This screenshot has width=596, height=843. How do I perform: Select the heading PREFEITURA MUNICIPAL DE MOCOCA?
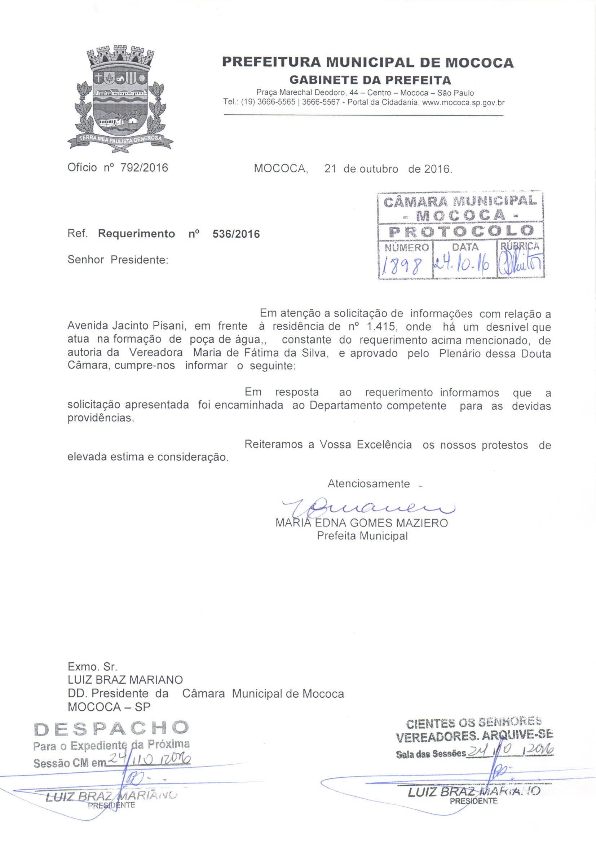coord(368,63)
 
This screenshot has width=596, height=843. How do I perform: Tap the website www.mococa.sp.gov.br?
coord(463,103)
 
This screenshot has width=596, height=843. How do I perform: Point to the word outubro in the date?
coord(379,169)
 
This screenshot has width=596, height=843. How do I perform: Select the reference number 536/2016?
coord(236,234)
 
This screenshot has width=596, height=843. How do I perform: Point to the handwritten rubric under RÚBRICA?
coord(520,264)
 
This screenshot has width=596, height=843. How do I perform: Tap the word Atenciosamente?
coord(368,484)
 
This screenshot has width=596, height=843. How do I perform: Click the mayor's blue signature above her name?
coord(367,508)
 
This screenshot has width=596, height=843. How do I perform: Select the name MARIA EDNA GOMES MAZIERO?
coord(361,523)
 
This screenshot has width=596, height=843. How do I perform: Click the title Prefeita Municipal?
coord(362,536)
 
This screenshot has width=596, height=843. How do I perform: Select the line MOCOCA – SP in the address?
coord(109,707)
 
